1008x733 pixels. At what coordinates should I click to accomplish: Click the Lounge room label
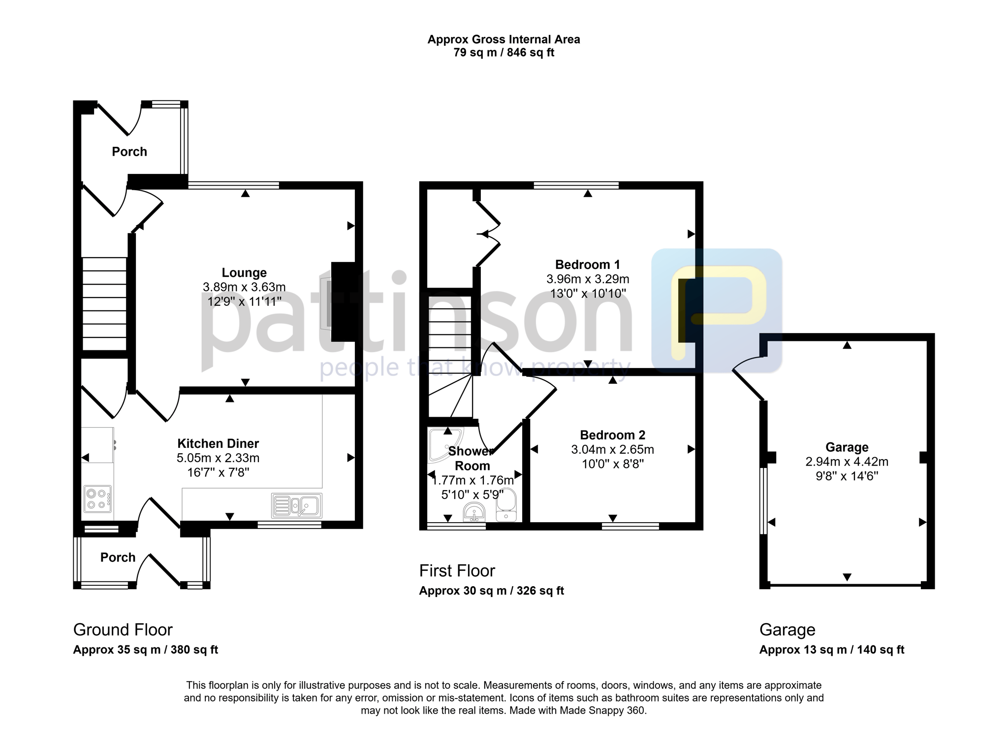244,272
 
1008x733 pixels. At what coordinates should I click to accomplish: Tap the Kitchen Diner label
218,443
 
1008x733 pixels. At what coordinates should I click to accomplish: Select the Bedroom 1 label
588,265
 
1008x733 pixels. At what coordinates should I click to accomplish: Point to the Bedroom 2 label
612,435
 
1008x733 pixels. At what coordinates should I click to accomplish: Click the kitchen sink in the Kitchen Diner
297,505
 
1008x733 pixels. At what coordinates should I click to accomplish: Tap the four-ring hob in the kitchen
98,498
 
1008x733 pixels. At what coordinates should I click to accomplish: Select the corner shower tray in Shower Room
445,445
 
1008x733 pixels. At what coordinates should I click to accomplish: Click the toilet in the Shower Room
506,505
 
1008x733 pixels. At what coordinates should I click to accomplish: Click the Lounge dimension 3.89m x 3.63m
244,287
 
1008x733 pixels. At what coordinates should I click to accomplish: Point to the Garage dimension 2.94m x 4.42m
847,462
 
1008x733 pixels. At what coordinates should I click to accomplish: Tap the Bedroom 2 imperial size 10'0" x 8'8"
612,464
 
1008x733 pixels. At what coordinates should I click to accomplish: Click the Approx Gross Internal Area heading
504,39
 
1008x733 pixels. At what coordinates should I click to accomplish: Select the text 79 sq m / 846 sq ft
504,52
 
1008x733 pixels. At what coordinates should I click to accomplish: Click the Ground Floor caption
123,630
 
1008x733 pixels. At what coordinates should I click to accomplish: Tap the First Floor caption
457,570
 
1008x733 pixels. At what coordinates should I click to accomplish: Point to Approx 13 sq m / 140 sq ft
832,650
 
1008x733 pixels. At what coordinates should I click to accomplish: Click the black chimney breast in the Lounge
343,302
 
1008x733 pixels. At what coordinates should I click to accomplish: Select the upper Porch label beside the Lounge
129,152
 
